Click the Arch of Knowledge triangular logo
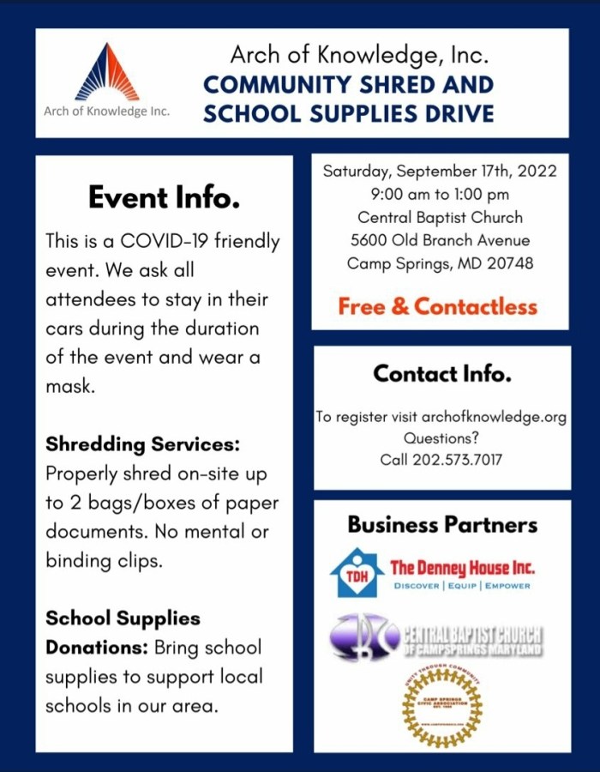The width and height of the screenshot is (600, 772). tap(107, 73)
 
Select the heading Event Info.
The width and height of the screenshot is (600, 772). tap(164, 198)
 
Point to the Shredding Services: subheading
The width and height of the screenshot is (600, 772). tap(142, 444)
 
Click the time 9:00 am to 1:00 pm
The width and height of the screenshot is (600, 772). tap(440, 194)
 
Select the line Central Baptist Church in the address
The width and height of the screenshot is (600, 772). tap(440, 217)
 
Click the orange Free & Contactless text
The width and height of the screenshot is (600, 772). tap(437, 306)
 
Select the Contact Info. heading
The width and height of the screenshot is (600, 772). tap(441, 374)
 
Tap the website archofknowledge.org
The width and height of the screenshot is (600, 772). tap(494, 418)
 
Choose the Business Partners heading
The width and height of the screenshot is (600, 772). tap(442, 524)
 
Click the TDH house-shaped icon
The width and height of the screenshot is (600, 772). tap(357, 572)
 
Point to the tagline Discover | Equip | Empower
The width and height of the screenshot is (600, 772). tap(461, 586)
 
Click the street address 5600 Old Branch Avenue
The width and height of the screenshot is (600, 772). tap(440, 240)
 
